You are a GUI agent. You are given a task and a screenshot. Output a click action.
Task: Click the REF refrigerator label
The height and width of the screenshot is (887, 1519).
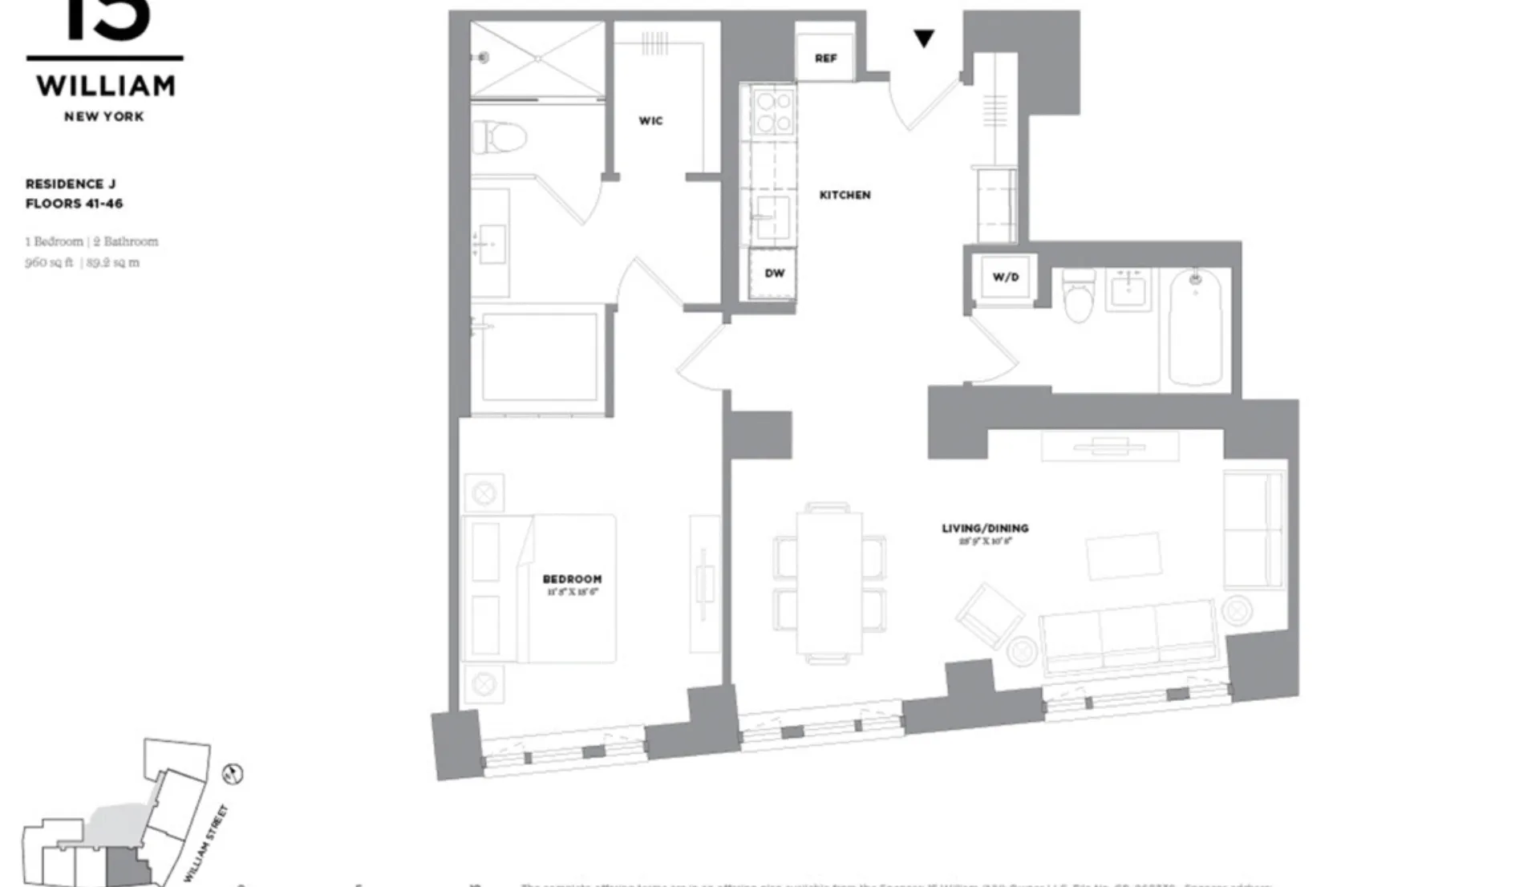(825, 58)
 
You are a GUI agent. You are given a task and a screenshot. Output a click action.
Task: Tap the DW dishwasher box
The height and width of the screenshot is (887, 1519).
(774, 273)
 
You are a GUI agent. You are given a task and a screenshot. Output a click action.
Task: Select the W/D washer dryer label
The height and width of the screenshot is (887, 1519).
(1005, 277)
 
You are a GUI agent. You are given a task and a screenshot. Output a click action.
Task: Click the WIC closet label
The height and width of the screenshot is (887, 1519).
(650, 121)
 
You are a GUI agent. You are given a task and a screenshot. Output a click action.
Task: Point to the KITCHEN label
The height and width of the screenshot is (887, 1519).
(845, 195)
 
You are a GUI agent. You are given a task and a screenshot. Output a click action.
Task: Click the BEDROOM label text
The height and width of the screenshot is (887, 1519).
(572, 579)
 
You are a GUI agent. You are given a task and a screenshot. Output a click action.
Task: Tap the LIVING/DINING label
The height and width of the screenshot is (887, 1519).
(985, 529)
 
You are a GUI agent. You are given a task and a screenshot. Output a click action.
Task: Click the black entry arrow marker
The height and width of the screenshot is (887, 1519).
(924, 38)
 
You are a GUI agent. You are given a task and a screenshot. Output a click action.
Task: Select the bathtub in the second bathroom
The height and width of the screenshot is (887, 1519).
(1195, 329)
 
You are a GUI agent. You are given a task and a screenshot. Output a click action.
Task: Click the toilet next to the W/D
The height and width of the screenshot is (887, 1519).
(1078, 294)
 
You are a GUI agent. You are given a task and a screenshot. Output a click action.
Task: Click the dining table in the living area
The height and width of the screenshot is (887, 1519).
(829, 583)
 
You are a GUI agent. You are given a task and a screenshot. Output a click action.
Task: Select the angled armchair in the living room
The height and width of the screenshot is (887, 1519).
(990, 615)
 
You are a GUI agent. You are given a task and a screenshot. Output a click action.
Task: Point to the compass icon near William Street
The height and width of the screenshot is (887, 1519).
(233, 774)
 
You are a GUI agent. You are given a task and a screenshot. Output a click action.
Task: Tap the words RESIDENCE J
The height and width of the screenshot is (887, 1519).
(71, 184)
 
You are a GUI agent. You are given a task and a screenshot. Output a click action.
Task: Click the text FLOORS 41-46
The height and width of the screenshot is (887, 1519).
(75, 204)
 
